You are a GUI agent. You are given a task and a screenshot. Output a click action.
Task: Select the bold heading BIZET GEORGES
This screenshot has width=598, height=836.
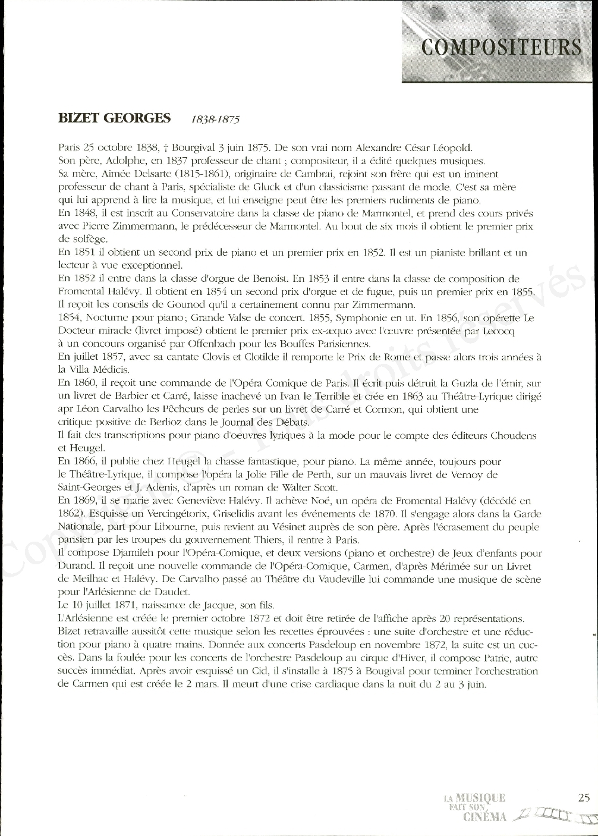114,118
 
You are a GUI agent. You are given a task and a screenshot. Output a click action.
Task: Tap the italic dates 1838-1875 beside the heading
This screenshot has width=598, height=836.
215,119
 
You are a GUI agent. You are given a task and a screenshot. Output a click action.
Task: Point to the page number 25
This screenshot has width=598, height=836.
583,798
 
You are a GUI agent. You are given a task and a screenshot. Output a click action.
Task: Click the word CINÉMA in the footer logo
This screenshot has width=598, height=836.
485,817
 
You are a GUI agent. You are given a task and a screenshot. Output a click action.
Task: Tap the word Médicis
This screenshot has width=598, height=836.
93,370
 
